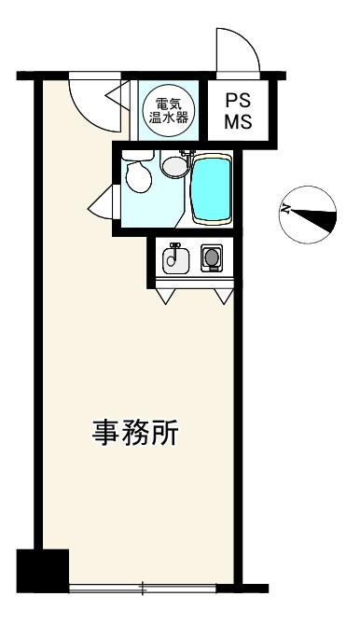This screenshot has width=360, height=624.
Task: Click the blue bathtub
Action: [212, 189]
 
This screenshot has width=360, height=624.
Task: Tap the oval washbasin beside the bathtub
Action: [174, 166]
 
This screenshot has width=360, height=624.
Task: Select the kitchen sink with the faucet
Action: [174, 258]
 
